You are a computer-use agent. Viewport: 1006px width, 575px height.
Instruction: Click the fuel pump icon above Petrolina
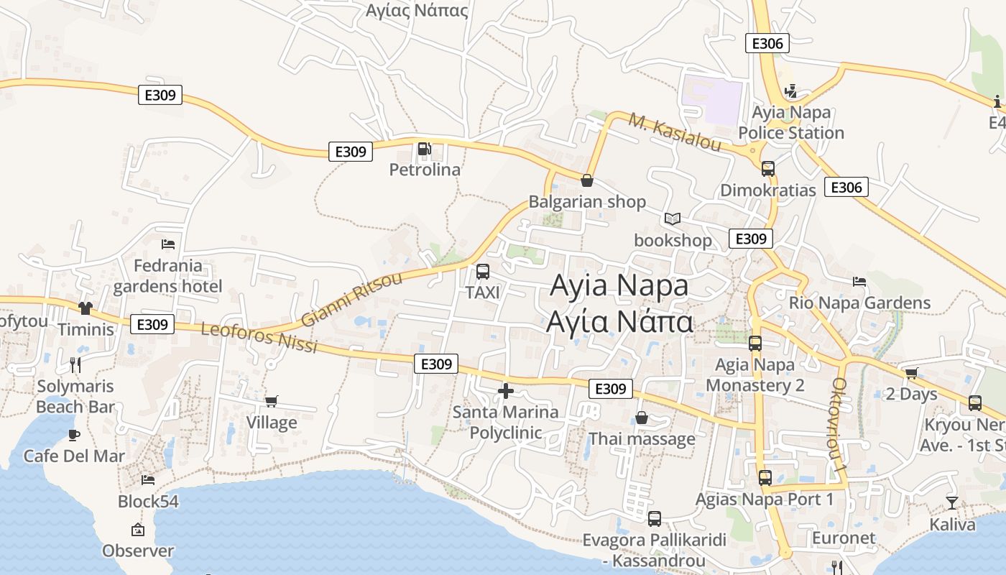pyautogui.click(x=425, y=149)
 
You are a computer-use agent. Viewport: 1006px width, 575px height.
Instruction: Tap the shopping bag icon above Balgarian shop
pyautogui.click(x=587, y=180)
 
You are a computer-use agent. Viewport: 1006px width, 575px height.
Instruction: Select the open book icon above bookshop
pyautogui.click(x=672, y=218)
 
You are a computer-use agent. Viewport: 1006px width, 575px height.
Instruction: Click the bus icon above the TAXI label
pyautogui.click(x=483, y=272)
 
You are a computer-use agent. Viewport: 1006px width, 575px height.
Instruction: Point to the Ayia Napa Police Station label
pyautogui.click(x=790, y=123)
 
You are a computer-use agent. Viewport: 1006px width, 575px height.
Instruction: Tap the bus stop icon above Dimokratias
pyautogui.click(x=768, y=169)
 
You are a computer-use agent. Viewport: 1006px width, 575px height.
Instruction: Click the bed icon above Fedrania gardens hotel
pyautogui.click(x=168, y=244)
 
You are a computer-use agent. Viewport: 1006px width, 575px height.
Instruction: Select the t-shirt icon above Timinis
pyautogui.click(x=86, y=308)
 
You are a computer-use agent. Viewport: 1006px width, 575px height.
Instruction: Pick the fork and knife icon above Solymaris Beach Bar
pyautogui.click(x=75, y=365)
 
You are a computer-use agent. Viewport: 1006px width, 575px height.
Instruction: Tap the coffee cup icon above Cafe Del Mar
pyautogui.click(x=74, y=435)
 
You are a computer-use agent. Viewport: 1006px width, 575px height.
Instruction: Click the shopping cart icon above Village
pyautogui.click(x=272, y=401)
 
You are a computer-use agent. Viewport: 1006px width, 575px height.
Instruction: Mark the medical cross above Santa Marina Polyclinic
pyautogui.click(x=506, y=391)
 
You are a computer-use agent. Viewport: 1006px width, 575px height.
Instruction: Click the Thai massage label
pyautogui.click(x=642, y=438)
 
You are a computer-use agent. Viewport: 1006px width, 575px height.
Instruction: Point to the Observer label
pyautogui.click(x=138, y=551)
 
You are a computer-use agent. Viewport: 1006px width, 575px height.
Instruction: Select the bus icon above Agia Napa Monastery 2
pyautogui.click(x=754, y=344)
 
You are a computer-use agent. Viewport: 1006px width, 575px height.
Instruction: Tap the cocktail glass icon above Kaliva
pyautogui.click(x=952, y=503)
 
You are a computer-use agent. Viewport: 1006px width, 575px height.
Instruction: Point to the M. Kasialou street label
pyautogui.click(x=675, y=132)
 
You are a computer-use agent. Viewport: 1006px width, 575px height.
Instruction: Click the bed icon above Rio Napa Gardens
pyautogui.click(x=859, y=281)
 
